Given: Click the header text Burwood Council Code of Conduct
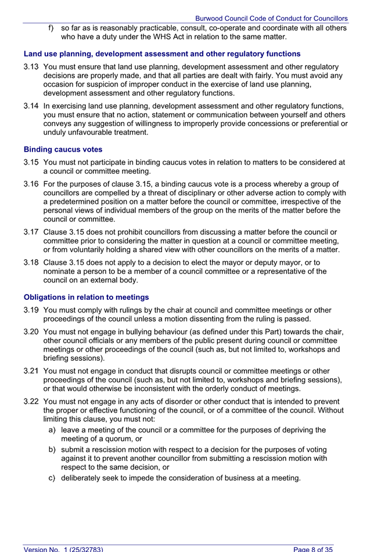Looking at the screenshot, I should pos(271,19).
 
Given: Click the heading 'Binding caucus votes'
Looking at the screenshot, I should pos(63,149).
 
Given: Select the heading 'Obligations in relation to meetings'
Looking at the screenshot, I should pos(86,297).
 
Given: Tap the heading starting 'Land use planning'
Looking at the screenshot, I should pos(162,53).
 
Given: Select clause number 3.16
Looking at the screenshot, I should pos(31,184).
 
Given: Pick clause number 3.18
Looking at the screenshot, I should pos(31,262).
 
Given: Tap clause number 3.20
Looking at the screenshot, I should pos(31,332).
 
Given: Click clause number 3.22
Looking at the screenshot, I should pos(31,402).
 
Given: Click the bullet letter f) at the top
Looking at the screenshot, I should pos(51,27).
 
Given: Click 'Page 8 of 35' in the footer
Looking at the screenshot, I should pos(313,549).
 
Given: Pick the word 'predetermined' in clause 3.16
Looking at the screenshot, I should pos(78,201).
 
